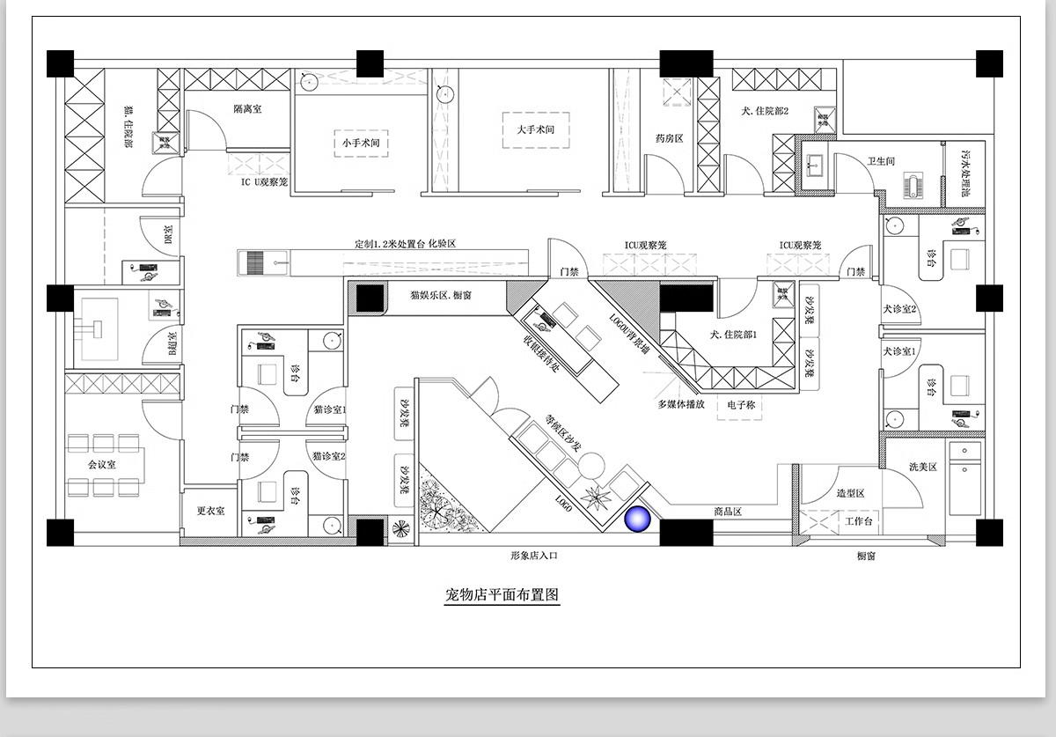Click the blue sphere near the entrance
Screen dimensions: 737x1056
click(636, 520)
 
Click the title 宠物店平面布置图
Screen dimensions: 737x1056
click(502, 594)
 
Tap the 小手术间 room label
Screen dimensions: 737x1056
click(361, 142)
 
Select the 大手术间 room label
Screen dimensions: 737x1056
click(535, 129)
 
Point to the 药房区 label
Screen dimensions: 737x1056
click(670, 138)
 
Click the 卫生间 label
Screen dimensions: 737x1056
click(881, 160)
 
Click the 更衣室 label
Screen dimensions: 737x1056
click(210, 510)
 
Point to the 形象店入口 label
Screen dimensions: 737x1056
click(534, 556)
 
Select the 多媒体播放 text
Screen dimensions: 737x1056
click(681, 405)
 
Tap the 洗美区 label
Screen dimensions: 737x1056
click(921, 466)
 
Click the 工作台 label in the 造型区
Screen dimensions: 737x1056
click(858, 521)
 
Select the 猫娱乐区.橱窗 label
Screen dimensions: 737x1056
click(440, 295)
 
